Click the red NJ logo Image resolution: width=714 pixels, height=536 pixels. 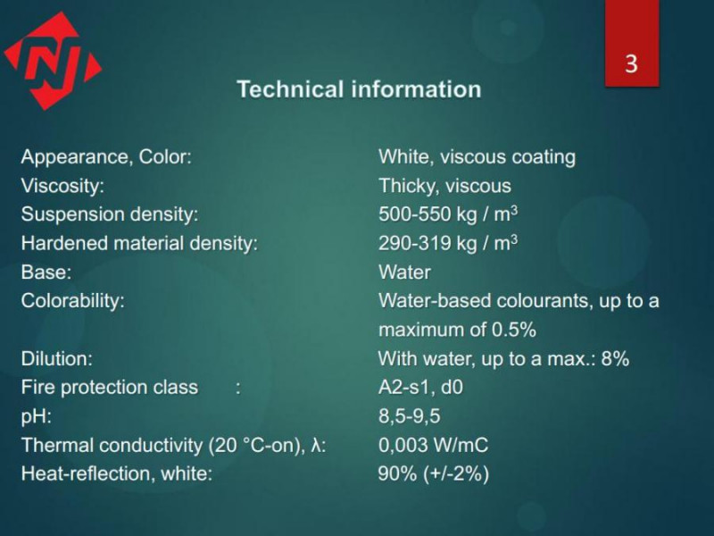[53, 61]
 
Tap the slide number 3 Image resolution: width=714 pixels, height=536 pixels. [631, 63]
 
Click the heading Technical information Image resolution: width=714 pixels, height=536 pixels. [360, 88]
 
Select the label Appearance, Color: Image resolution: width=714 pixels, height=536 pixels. [106, 157]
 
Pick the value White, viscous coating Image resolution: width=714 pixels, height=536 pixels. [477, 157]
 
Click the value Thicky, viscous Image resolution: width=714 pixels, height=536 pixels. [444, 186]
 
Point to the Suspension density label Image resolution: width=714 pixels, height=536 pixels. [110, 214]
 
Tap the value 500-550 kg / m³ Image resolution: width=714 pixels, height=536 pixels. [448, 214]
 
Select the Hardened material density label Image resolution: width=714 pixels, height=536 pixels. [139, 243]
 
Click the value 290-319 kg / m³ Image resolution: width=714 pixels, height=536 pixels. [448, 243]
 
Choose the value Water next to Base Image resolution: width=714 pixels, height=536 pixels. [404, 272]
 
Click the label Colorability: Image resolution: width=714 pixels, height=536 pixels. [73, 301]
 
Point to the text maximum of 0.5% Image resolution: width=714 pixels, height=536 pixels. [457, 330]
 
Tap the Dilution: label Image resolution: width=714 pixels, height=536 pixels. [57, 359]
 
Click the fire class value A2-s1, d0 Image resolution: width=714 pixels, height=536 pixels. [420, 388]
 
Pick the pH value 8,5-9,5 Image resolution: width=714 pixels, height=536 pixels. [410, 416]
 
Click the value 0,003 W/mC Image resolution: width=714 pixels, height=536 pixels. [433, 445]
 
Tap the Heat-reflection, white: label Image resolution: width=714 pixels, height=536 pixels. [117, 473]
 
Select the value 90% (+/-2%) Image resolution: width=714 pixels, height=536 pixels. [434, 474]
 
